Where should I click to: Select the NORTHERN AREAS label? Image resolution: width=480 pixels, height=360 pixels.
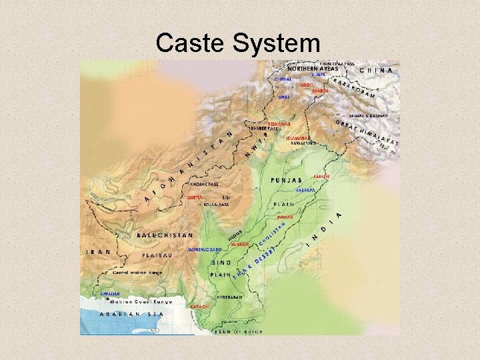click(x=313, y=69)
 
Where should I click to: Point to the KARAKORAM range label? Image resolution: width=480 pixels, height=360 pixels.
click(x=353, y=87)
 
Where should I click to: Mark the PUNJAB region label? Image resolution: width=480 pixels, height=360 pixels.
click(x=287, y=181)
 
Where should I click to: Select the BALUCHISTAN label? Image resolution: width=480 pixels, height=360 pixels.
click(x=165, y=235)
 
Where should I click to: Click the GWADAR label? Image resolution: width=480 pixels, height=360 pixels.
click(x=111, y=293)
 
